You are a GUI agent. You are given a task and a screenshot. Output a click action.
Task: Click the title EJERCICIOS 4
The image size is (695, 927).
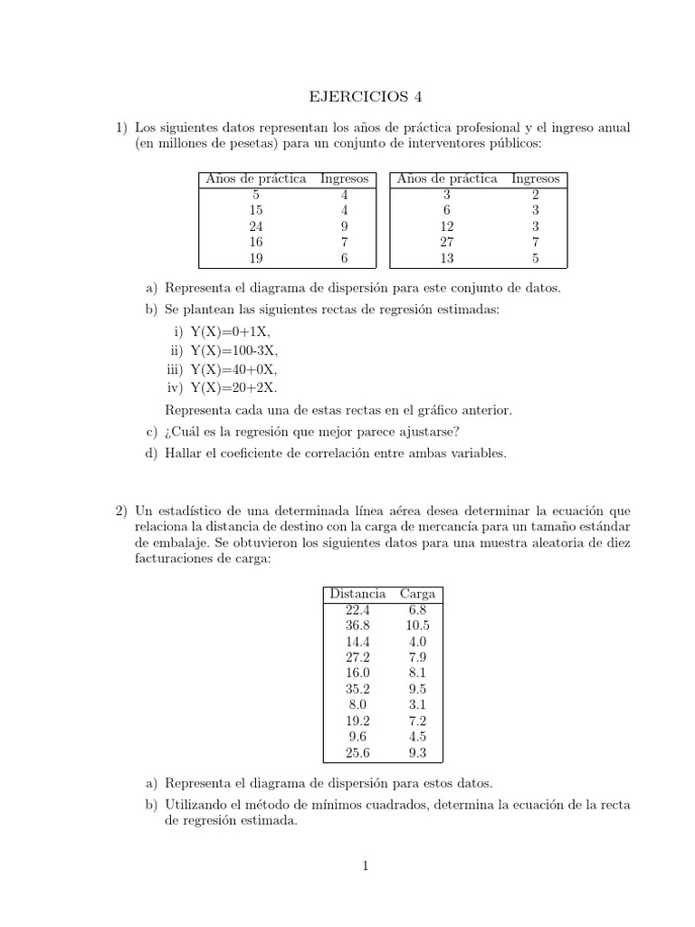click(367, 96)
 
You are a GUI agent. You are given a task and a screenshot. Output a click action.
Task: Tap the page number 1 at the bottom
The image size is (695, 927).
click(366, 866)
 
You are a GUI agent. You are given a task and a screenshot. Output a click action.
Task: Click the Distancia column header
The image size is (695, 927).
click(357, 594)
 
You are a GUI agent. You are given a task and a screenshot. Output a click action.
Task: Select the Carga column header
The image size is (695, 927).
click(417, 594)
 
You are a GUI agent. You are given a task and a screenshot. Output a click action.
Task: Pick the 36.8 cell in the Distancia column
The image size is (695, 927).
click(357, 626)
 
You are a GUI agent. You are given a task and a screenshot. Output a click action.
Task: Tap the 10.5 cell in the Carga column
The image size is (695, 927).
click(417, 626)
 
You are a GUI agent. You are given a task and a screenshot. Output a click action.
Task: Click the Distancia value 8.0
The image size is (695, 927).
click(357, 704)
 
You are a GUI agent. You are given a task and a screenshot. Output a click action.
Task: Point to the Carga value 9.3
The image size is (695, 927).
click(417, 752)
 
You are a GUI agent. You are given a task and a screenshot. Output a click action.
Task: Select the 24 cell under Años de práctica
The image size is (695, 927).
click(256, 226)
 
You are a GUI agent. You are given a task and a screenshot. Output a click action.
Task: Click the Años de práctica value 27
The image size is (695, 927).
click(447, 243)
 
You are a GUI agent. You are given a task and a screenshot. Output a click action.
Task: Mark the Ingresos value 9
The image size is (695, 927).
click(345, 226)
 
